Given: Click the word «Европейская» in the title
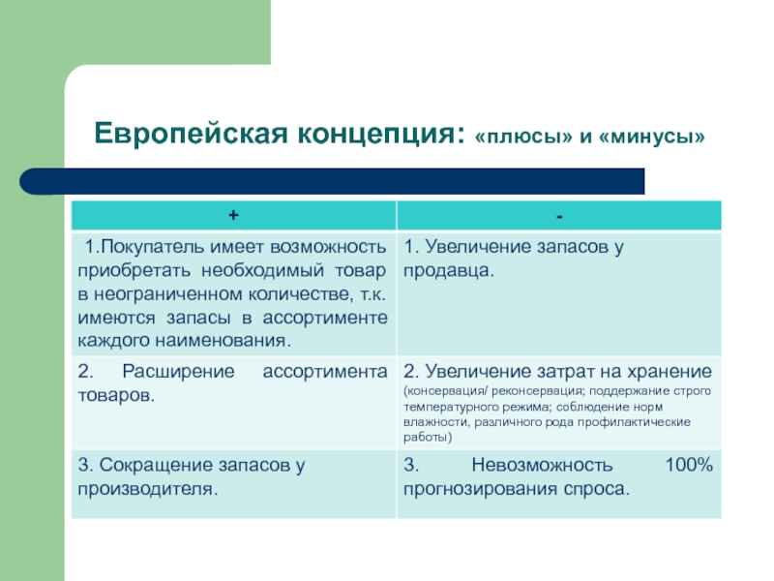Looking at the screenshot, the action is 191,134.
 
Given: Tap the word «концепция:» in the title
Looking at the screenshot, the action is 381,135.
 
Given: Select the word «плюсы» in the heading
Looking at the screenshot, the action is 523,137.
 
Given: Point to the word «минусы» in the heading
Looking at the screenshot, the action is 651,137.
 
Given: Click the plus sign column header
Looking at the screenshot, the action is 233,215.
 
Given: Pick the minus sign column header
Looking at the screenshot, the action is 559,216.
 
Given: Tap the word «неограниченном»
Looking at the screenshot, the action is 167,294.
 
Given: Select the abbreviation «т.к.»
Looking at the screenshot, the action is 373,294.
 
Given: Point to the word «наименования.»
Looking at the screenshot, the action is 223,341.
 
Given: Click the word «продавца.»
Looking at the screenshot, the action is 448,271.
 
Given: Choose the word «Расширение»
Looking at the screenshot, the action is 178,372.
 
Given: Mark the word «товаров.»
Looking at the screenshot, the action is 116,396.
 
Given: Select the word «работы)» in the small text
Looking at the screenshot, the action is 428,438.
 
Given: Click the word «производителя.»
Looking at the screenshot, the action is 148,490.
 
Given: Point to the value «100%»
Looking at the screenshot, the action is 689,465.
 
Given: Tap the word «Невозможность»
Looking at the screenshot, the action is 542,465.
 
